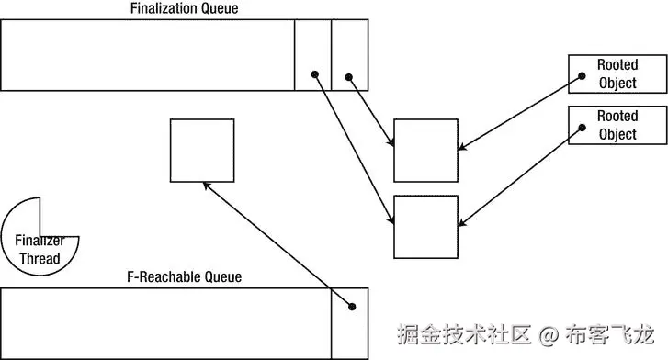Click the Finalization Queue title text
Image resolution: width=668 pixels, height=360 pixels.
point(185,8)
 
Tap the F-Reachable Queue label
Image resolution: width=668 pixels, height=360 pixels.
point(184,276)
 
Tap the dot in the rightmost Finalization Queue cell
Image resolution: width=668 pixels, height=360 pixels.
point(348,76)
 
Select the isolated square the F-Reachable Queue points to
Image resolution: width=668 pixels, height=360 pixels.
point(201,150)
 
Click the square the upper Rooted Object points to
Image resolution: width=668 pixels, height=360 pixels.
point(425,151)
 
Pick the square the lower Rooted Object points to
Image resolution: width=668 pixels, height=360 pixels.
point(425,226)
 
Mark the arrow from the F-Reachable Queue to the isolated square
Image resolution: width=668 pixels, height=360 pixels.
point(276,242)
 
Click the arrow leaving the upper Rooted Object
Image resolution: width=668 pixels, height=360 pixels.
point(515,113)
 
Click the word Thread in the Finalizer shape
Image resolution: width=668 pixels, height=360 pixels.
point(40,258)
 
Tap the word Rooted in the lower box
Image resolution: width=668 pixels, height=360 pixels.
point(617,117)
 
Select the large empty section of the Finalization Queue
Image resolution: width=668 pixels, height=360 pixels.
point(147,55)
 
